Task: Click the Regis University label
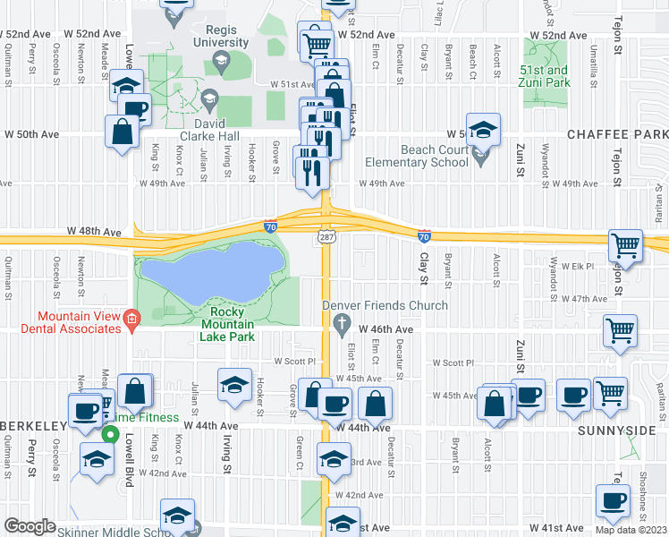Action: tap(220, 36)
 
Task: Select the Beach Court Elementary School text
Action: tap(434, 156)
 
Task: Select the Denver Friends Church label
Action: tap(385, 306)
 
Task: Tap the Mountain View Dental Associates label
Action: tap(78, 322)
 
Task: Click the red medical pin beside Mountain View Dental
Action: tap(132, 319)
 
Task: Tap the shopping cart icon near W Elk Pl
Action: tap(625, 246)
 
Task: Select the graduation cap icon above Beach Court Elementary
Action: tap(482, 132)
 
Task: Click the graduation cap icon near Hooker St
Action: tap(233, 385)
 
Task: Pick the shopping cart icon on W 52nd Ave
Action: tap(315, 41)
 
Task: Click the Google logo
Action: tap(29, 526)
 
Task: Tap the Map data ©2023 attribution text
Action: tap(631, 530)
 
